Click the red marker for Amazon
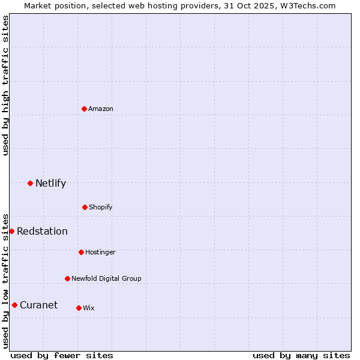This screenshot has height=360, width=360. pos(85,109)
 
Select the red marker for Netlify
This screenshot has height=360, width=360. pos(30,183)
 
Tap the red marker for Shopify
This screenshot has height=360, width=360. pos(85,207)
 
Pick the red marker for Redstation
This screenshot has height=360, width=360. pos(11,231)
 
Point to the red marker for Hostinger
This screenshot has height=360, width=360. pos(81,252)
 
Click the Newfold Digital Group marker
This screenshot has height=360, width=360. pos(67,278)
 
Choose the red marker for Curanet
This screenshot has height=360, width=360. pos(14,305)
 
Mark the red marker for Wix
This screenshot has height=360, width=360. pos(79,308)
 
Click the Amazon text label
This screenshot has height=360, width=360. pos(101,109)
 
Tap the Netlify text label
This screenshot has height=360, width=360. pos(50,183)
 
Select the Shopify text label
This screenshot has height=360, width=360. pos(101,207)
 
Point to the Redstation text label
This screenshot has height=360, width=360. pos(42,231)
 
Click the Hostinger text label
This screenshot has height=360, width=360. pos(100,252)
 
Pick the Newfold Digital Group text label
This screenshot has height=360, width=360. pos(106,278)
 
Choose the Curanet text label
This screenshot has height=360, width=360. pos(38,305)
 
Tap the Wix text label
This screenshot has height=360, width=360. pos(89,308)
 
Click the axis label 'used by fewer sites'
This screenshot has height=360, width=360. pos(62,355)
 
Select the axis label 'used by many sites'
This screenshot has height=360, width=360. pos(301,355)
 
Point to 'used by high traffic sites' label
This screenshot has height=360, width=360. pos(5,85)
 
